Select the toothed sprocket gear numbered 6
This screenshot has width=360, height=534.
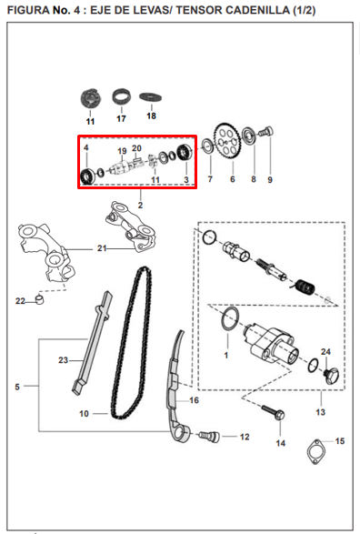(x=227, y=141)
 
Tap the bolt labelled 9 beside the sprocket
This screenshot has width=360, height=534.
(x=266, y=132)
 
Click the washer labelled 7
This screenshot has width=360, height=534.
(x=207, y=146)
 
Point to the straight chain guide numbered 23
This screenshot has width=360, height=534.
(x=92, y=343)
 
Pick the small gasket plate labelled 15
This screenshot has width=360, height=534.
(x=316, y=451)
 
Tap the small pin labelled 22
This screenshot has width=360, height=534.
(x=40, y=299)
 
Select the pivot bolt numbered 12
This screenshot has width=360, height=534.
(x=209, y=436)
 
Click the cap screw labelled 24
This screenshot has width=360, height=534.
(x=332, y=376)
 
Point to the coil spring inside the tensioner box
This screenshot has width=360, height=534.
(x=304, y=287)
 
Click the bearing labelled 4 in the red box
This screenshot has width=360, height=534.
(x=87, y=176)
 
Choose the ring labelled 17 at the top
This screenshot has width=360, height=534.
(x=122, y=97)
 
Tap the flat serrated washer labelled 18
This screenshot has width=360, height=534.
(x=150, y=97)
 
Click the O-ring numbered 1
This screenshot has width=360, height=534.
(x=230, y=318)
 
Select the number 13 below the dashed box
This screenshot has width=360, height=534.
(x=321, y=412)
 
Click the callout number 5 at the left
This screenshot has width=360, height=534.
(x=17, y=387)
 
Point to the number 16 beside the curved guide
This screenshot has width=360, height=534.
(x=194, y=400)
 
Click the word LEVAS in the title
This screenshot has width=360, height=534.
(x=149, y=10)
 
